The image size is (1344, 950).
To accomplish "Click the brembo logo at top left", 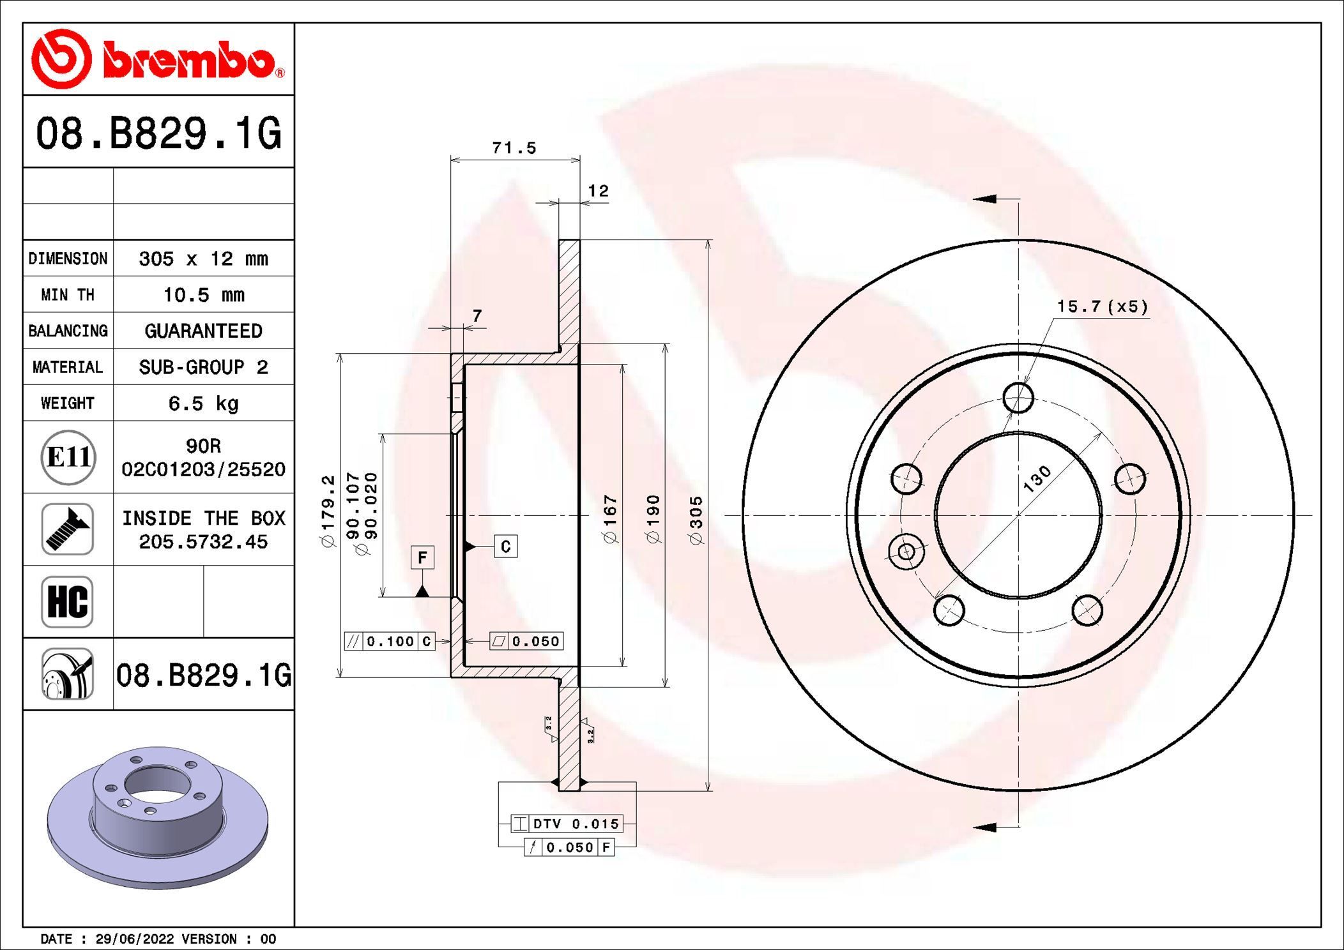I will point(158,59).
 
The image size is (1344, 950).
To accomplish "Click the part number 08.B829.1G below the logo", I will point(158,133).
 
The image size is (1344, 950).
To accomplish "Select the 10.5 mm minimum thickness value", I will point(203,295).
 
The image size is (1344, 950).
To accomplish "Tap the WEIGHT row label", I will point(68,403).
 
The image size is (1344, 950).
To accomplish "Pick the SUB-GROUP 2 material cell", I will point(203,367).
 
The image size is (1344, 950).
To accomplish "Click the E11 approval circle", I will point(68,457).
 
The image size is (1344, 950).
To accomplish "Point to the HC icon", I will point(68,601).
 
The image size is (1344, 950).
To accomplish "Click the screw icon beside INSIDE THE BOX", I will point(68,529).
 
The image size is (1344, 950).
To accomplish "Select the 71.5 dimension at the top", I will point(514,148).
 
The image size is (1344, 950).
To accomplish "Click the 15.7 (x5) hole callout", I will point(1102,307).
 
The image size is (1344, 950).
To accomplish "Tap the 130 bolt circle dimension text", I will point(1037,479).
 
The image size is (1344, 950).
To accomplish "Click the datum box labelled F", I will point(422,557).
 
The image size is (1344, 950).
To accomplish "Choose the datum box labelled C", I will point(505,547).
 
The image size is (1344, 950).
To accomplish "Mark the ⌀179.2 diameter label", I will point(328,511).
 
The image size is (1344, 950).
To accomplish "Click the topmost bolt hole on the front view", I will point(1018,398).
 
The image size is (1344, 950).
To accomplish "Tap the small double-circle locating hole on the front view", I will point(906,550).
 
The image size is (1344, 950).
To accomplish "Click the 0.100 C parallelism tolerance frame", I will point(390,641).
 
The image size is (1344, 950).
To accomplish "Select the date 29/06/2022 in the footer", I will point(134,939).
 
